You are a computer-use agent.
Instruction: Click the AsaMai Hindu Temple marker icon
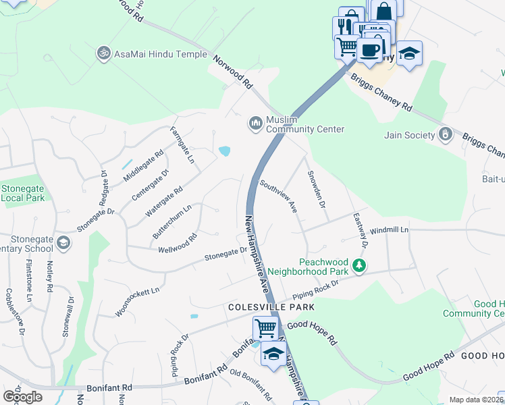click(103, 53)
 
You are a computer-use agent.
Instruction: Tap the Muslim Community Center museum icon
click(255, 124)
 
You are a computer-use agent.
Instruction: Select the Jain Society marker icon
click(445, 134)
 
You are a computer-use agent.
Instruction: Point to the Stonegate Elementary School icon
click(63, 242)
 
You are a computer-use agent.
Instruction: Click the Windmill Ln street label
click(390, 230)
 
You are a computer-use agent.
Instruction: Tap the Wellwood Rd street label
click(176, 244)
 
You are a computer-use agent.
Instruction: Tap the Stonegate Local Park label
click(23, 193)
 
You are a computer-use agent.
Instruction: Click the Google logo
click(22, 396)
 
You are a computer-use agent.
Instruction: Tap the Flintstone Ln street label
click(29, 283)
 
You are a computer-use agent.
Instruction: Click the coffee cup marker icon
click(369, 50)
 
